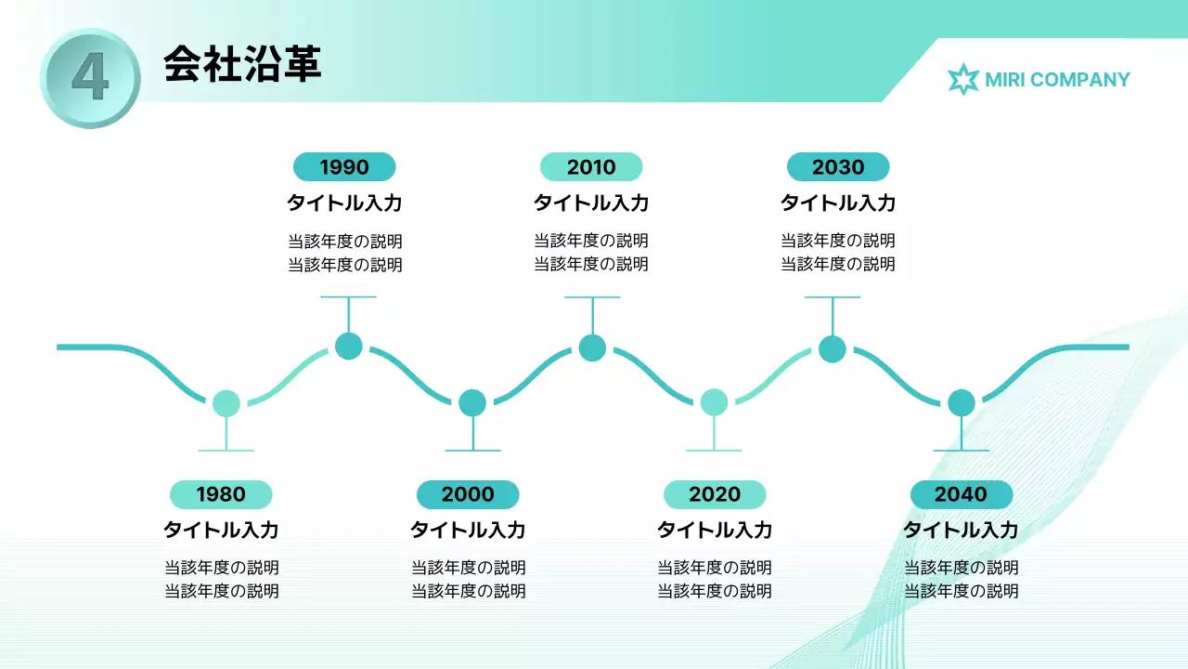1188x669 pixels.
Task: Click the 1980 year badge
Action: pos(221,494)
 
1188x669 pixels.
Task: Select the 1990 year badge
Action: pos(344,167)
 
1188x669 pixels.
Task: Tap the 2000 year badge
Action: pos(468,494)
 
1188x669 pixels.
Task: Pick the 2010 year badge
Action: pos(591,167)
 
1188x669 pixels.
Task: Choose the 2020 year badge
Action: pos(715,494)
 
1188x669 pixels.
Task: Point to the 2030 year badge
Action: pos(838,167)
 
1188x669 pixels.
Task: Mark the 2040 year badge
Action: pos(961,494)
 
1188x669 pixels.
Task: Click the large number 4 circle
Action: pos(90,78)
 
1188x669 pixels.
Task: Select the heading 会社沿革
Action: pos(242,64)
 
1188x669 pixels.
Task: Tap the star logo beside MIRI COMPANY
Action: pos(963,80)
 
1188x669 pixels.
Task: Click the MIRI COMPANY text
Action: pos(1057,80)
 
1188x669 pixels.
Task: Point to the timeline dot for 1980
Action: pos(226,403)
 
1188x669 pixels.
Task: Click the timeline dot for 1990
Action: pos(348,346)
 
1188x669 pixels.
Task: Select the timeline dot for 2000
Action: pos(472,402)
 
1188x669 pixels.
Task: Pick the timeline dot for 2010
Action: pos(592,348)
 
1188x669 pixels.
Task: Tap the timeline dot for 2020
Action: pos(714,402)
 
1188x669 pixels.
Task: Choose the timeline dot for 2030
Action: pos(833,349)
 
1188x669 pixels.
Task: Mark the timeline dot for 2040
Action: pos(962,402)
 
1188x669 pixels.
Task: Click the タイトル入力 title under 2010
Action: pos(591,203)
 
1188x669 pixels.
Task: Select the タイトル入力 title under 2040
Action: pos(961,531)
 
